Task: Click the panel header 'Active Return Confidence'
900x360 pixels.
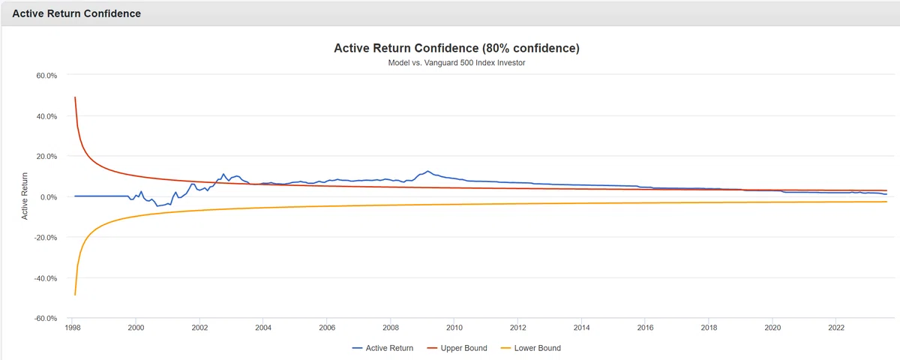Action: coord(76,13)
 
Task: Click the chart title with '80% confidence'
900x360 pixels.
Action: coord(457,48)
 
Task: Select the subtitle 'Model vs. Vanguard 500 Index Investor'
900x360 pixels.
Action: coord(457,63)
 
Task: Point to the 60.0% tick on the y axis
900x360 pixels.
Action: coord(46,76)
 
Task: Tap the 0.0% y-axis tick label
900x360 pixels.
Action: coord(49,197)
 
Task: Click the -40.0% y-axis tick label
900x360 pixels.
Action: coord(46,278)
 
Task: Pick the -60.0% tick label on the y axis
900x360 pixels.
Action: coord(46,319)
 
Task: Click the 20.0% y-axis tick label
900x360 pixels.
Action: coord(46,156)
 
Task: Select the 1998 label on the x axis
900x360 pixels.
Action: coord(72,328)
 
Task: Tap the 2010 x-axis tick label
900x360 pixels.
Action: coord(454,328)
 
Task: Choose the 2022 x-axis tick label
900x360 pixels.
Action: coord(836,328)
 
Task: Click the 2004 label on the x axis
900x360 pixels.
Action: coord(263,328)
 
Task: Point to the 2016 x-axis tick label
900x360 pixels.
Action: coord(645,328)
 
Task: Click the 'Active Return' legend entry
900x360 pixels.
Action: coord(382,348)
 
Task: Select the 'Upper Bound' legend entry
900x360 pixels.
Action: coord(457,348)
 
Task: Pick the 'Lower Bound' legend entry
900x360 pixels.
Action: coord(531,348)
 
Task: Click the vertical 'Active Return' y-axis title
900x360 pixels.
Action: coord(25,196)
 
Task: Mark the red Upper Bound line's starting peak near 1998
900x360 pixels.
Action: coord(75,97)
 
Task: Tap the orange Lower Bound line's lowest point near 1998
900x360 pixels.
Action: coord(75,295)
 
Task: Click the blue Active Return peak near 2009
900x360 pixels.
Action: coord(428,171)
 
